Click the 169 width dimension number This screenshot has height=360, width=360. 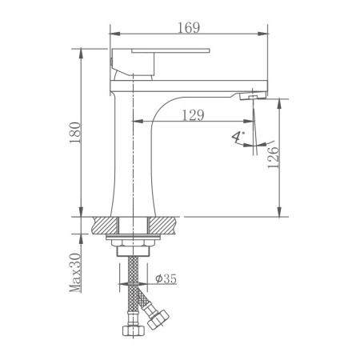click(x=189, y=26)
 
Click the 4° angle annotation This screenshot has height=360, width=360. click(x=238, y=138)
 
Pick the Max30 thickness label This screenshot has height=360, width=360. click(x=76, y=272)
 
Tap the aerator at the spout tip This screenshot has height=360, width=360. click(x=251, y=97)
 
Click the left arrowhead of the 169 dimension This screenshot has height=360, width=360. click(x=112, y=34)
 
